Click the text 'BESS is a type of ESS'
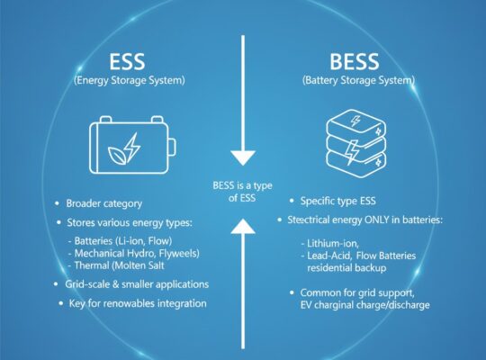tap(243, 191)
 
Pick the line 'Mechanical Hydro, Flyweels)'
tap(135, 254)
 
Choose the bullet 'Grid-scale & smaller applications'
tap(136, 284)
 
